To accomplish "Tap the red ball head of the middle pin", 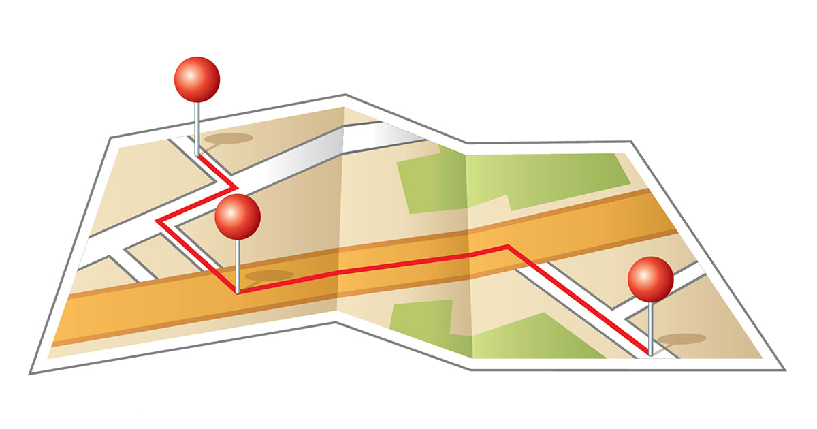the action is (x=238, y=217).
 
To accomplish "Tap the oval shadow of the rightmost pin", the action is (x=681, y=338).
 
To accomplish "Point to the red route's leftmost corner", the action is (x=158, y=220).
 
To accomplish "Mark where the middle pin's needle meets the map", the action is (x=238, y=291).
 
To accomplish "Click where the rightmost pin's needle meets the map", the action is (x=650, y=354).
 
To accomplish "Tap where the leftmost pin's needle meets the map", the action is (x=197, y=155).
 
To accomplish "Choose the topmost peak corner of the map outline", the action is (x=345, y=95).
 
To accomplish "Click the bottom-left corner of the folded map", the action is (x=31, y=373).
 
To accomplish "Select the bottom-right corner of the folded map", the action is (x=784, y=370).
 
